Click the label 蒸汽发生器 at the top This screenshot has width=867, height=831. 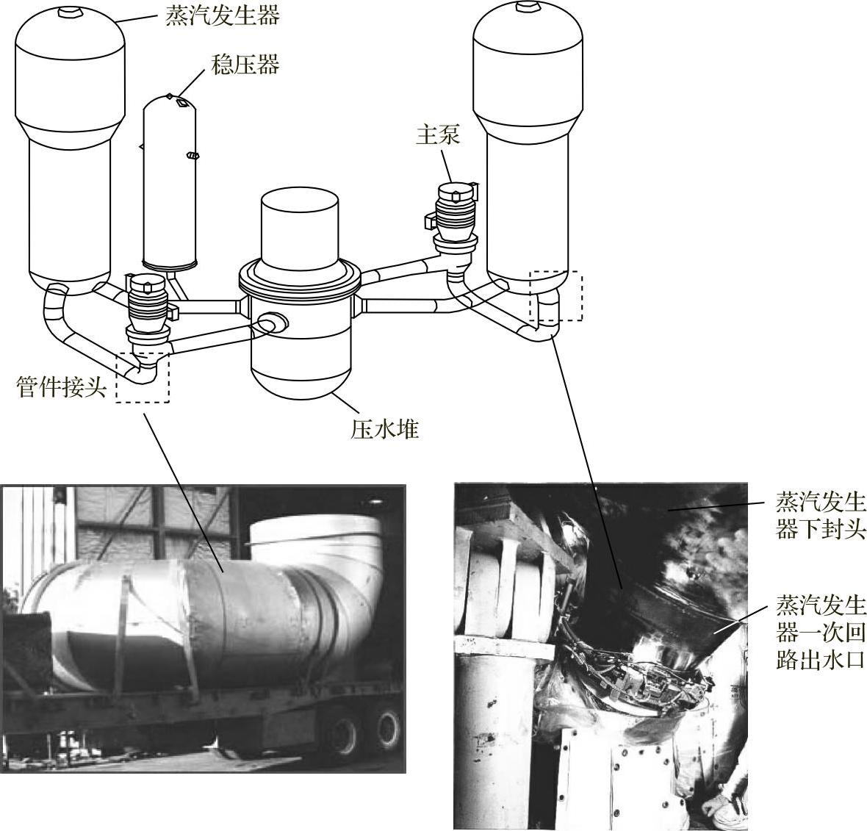pyautogui.click(x=223, y=16)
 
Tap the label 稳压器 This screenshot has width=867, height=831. pyautogui.click(x=245, y=65)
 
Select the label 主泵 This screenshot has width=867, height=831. pyautogui.click(x=438, y=135)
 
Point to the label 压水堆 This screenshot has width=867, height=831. pyautogui.click(x=385, y=428)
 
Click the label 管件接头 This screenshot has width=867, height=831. pyautogui.click(x=62, y=387)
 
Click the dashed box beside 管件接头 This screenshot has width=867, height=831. pyautogui.click(x=143, y=376)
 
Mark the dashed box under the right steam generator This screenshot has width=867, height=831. pyautogui.click(x=555, y=296)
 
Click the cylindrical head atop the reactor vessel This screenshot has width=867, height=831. pyautogui.click(x=300, y=226)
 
